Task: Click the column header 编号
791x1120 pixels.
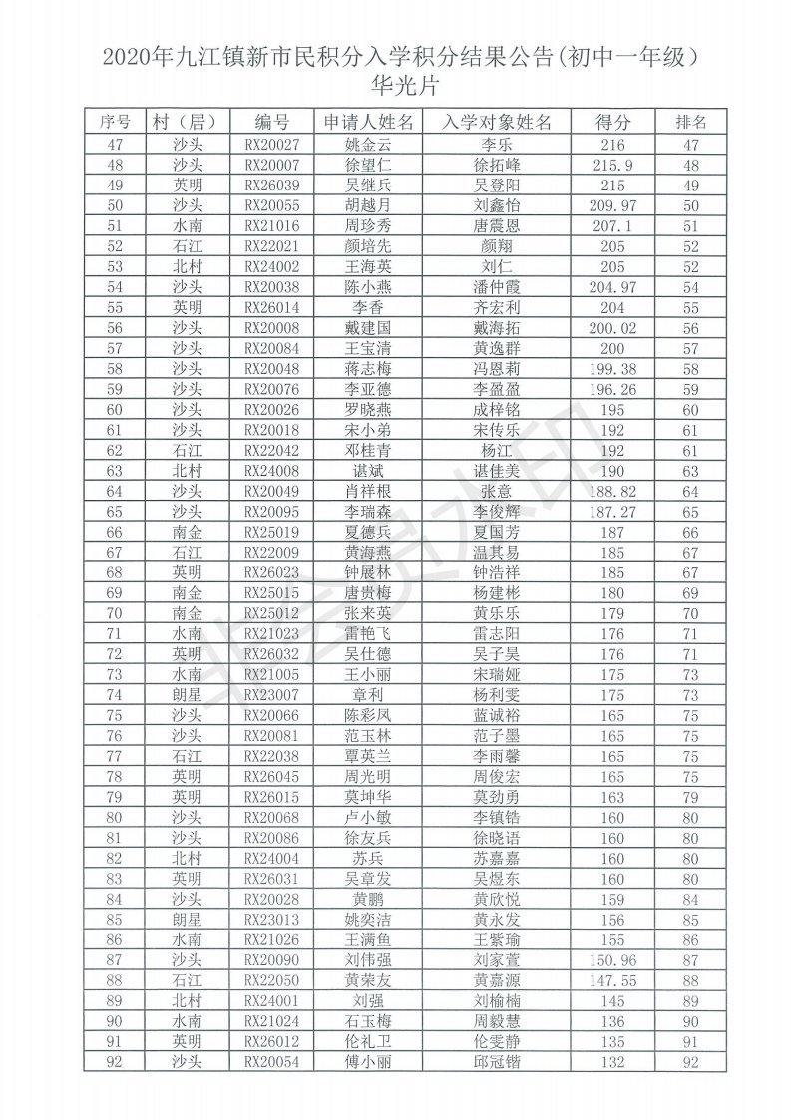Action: tap(271, 123)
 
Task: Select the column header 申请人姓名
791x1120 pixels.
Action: tap(369, 123)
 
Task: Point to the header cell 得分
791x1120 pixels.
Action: tap(613, 123)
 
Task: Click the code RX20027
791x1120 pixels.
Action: tap(271, 146)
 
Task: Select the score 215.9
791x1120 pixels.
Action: tap(613, 166)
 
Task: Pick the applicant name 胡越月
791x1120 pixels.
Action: tap(369, 204)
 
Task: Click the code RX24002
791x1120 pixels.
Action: tap(271, 267)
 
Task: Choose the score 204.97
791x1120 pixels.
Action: tap(613, 287)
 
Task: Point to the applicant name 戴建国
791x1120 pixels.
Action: tap(369, 328)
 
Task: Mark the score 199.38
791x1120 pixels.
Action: tap(613, 369)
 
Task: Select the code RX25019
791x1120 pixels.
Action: tap(271, 532)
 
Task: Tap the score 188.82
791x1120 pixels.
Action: tap(613, 491)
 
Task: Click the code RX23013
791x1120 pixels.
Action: tap(271, 919)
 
